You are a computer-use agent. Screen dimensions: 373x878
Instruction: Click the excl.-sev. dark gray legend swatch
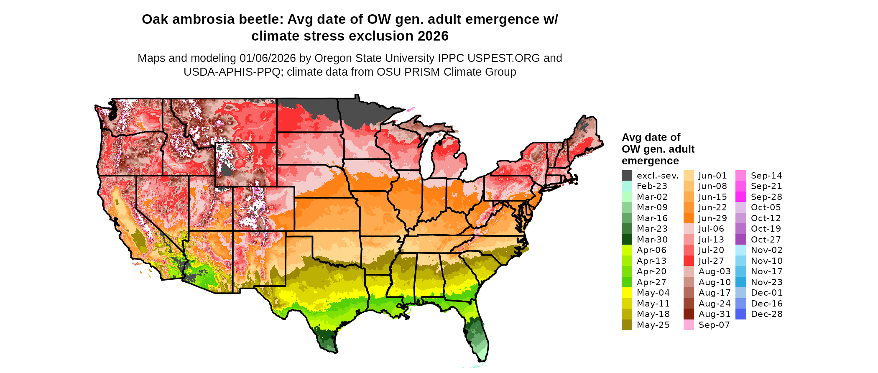627,176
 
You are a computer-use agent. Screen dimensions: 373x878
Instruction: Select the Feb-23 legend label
652,186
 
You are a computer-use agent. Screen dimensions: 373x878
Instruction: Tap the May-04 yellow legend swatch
627,293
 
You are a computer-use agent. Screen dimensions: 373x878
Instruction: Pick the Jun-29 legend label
713,218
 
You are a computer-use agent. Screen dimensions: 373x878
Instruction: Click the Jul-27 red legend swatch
689,261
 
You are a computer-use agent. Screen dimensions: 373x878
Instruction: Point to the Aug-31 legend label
715,314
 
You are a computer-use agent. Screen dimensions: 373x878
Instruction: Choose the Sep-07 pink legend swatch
689,325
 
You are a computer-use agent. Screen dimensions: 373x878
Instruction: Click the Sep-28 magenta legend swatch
740,197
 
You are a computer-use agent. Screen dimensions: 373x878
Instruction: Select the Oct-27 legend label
766,240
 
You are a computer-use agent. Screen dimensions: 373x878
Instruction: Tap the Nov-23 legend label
766,282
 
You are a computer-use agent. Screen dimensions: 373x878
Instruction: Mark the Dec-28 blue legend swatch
740,314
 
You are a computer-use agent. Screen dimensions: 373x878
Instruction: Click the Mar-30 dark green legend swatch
627,240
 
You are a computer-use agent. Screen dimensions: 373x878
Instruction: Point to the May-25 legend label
653,325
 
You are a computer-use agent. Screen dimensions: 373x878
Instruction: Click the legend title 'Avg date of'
651,138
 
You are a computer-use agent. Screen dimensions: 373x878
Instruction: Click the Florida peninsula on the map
477,335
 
